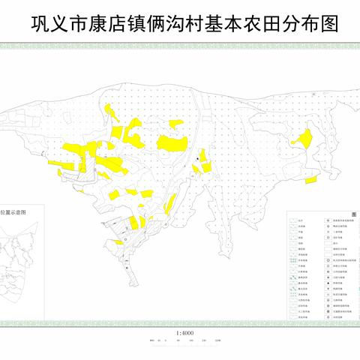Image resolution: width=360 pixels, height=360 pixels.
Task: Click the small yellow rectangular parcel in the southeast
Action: click(310, 178)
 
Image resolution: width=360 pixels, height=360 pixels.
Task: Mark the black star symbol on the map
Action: click(197, 159)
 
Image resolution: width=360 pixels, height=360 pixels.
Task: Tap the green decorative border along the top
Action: click(180, 46)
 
